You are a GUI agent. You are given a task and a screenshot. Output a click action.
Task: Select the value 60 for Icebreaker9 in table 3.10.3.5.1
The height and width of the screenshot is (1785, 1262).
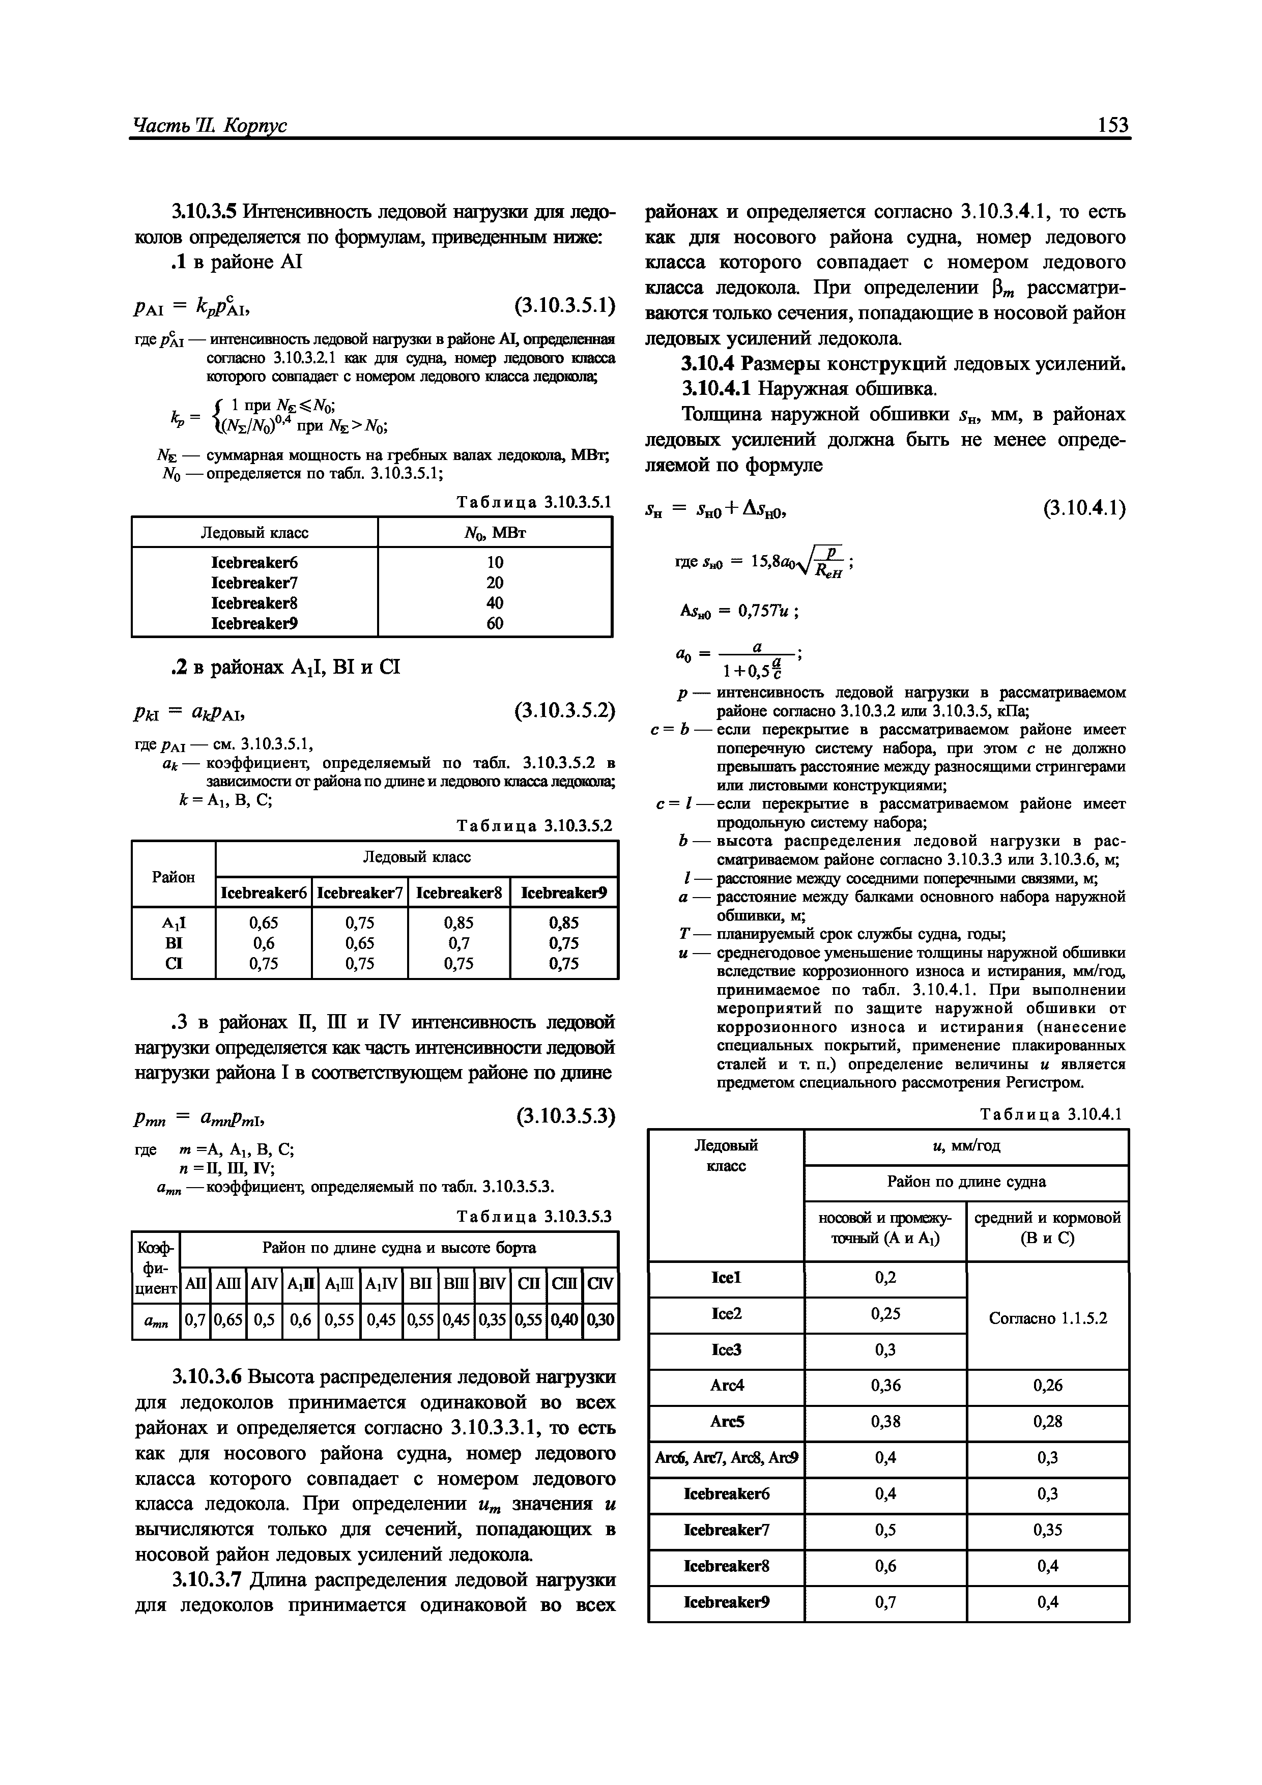(x=495, y=623)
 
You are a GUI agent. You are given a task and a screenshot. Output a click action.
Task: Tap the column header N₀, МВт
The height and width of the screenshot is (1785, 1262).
(x=495, y=533)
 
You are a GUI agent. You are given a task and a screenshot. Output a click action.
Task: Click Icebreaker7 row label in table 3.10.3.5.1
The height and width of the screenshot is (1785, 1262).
(x=254, y=582)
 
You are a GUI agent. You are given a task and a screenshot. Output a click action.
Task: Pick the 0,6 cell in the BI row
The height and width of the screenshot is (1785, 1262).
(x=262, y=942)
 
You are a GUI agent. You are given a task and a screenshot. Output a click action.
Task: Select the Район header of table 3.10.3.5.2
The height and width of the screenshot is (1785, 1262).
(x=174, y=877)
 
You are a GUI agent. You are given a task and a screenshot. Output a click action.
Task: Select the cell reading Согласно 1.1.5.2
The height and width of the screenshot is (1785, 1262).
(x=1047, y=1318)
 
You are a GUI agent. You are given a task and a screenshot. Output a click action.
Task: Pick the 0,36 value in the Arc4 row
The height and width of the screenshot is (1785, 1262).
(x=885, y=1386)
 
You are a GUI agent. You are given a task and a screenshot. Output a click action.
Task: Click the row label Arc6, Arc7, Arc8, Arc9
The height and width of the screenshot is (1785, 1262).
(x=726, y=1458)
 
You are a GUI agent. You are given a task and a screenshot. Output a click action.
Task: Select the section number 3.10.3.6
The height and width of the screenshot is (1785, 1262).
(x=205, y=1377)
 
